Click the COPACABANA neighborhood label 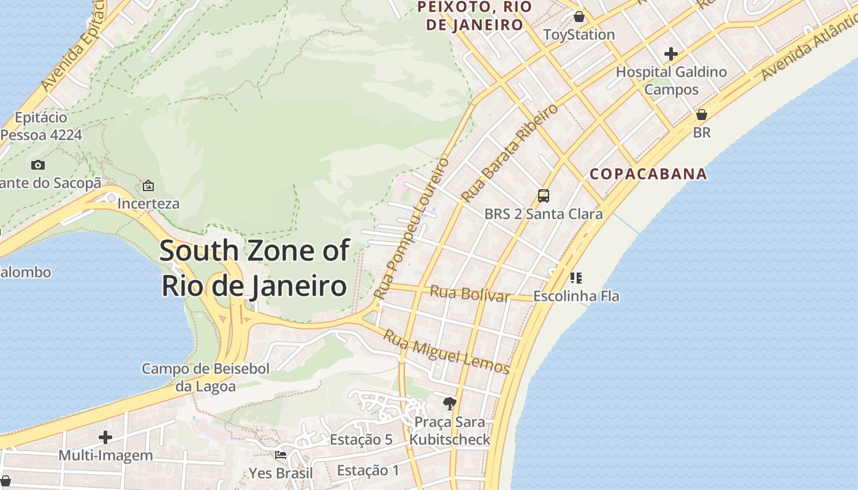(x=648, y=174)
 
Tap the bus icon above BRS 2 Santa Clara (x=543, y=196)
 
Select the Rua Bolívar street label (x=469, y=293)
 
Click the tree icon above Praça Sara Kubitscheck (x=450, y=403)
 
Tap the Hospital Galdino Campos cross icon (x=671, y=54)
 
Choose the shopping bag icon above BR (x=702, y=115)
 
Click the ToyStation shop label (x=579, y=34)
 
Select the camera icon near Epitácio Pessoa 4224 (x=38, y=165)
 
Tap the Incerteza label (x=148, y=203)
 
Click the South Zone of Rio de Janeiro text (x=254, y=268)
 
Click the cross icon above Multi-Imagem (x=105, y=437)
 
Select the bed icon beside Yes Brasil (x=281, y=455)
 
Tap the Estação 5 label (x=360, y=439)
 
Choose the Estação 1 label (x=368, y=470)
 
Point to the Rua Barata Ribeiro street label (x=510, y=153)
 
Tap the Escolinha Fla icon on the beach (x=575, y=278)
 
